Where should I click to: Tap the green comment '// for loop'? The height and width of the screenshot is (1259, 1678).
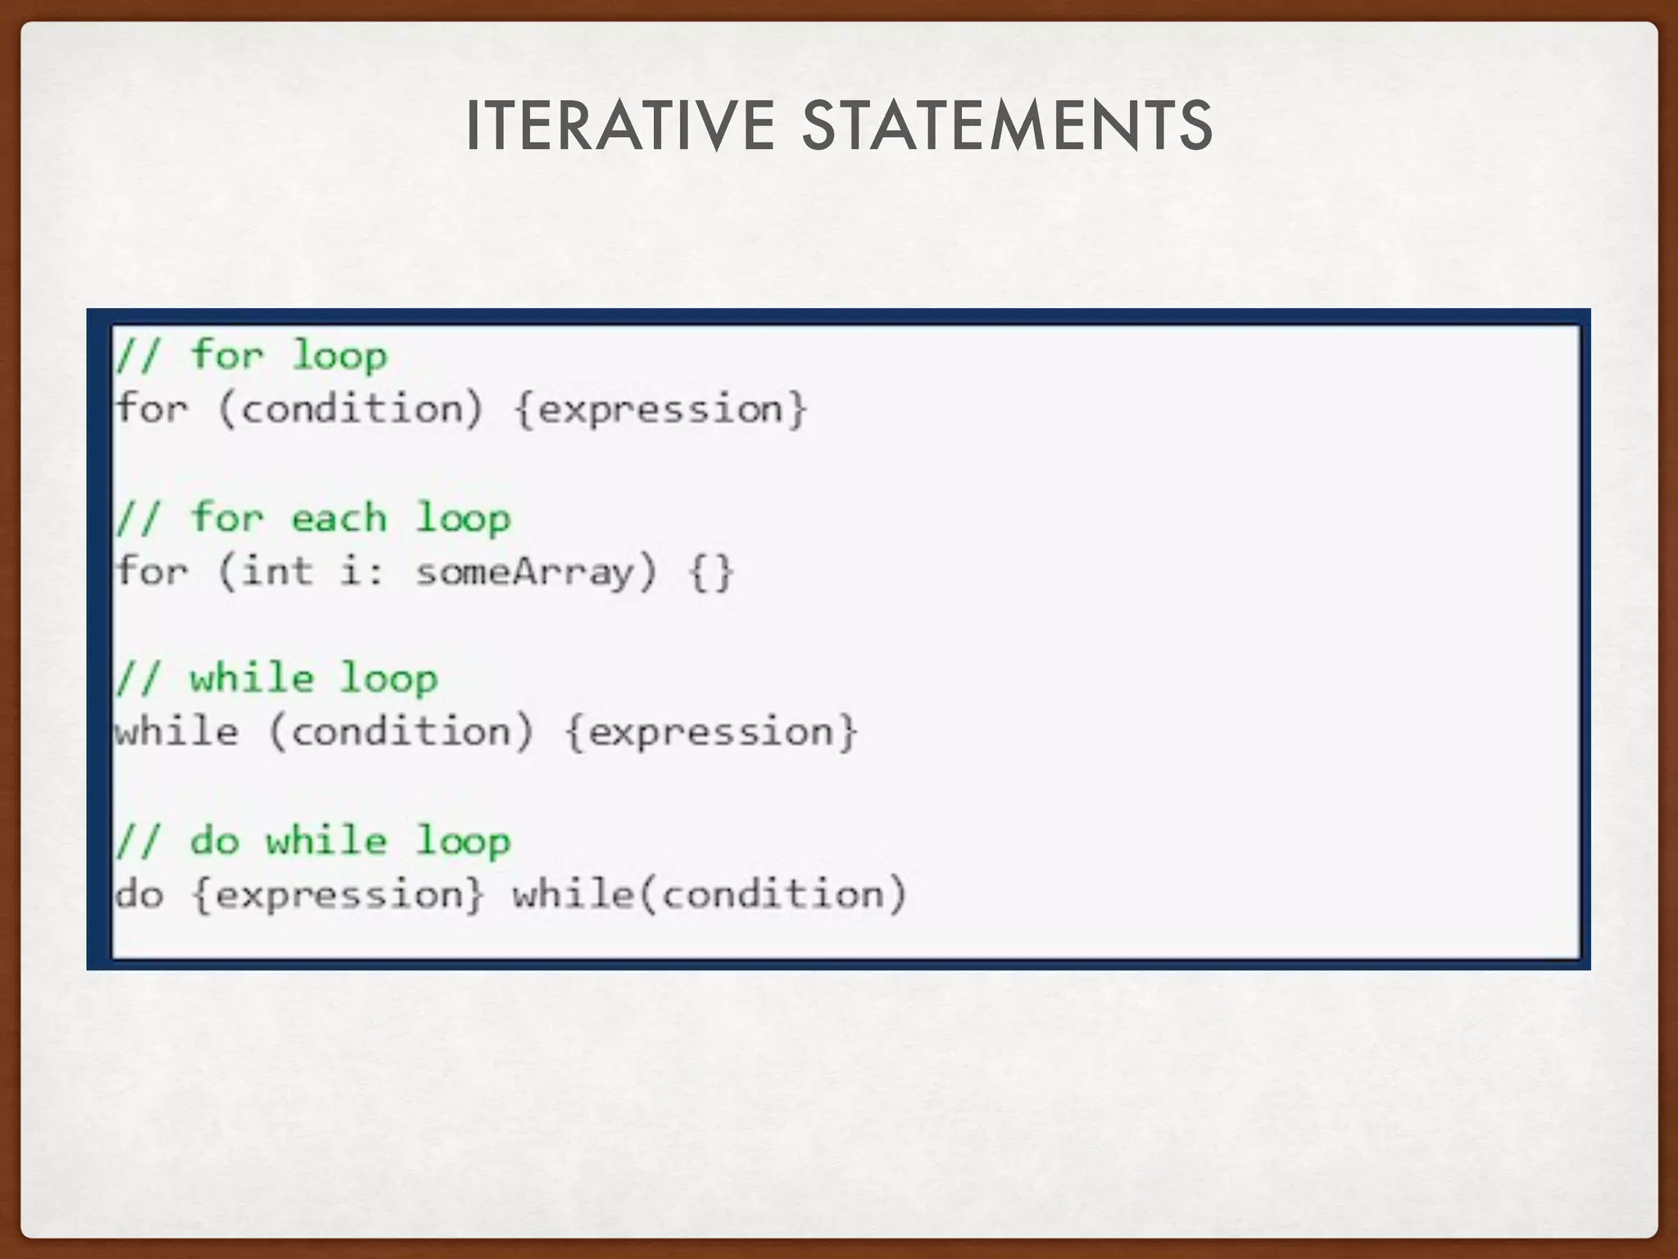251,356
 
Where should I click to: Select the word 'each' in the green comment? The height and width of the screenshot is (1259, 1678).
338,518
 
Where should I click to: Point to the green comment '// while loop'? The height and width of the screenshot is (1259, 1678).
276,679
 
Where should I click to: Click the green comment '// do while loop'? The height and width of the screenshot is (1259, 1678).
312,842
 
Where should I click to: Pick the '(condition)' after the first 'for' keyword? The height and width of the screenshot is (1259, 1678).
351,408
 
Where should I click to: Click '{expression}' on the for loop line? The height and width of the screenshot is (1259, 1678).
660,408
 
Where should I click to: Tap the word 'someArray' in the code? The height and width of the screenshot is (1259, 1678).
525,570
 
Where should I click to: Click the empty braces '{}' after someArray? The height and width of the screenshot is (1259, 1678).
711,571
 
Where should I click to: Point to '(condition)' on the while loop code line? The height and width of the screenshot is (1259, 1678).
401,731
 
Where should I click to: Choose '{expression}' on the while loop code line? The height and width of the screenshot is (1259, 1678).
711,731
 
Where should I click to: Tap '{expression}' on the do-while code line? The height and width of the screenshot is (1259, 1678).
338,894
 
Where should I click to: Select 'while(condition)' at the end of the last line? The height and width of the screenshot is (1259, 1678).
710,894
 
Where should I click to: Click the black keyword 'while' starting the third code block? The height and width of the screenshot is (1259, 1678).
177,731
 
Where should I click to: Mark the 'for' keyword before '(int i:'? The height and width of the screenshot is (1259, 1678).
152,570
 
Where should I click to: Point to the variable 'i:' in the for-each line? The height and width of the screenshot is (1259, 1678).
361,570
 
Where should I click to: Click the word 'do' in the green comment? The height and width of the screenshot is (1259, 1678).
215,842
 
